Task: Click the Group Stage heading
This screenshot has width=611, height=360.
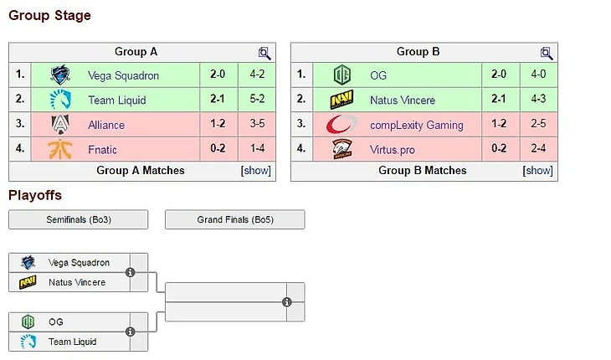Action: coord(49,15)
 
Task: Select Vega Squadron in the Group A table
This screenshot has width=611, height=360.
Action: coord(123,75)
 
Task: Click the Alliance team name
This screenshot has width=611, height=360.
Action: coord(106,125)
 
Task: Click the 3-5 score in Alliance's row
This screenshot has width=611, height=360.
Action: coord(256,125)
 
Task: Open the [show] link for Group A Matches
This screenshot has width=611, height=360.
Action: coord(256,170)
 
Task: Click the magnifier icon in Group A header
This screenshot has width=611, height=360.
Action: coord(264,53)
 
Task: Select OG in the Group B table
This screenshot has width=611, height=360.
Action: coord(378,75)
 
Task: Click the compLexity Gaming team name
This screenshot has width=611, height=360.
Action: coord(416,125)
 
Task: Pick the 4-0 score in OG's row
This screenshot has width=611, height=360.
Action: coord(538,75)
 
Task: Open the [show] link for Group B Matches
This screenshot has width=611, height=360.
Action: coord(538,170)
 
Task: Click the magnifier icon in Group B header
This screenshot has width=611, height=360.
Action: coord(547,53)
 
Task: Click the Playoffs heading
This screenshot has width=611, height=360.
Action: coord(35,196)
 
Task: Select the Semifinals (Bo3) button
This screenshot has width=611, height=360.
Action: coord(78,219)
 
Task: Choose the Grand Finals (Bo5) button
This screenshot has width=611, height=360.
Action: coord(234,219)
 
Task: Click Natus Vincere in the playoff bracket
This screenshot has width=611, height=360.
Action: coord(77,282)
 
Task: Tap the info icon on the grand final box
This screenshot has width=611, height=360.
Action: coord(287,302)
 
